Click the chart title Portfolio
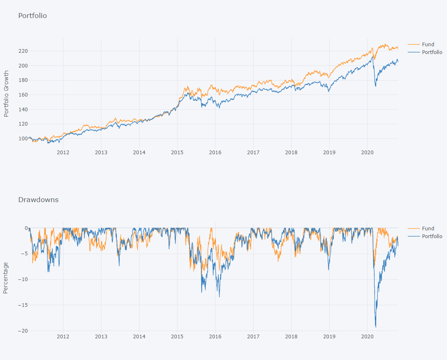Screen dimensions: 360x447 pos(32,16)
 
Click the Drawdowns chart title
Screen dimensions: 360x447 pos(38,200)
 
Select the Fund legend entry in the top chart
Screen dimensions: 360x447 pos(428,45)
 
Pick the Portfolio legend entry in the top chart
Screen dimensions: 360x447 pos(432,52)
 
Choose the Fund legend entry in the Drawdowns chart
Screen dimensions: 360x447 pos(428,229)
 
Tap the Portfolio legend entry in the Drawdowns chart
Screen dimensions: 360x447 pos(432,236)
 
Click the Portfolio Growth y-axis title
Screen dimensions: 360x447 pos(6,94)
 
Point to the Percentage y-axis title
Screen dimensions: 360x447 pos(6,278)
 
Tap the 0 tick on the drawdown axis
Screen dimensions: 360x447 pos(25,228)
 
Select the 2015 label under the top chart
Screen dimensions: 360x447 pos(177,153)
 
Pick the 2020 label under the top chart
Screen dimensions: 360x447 pos(367,153)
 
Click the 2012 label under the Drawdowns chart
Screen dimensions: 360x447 pos(63,337)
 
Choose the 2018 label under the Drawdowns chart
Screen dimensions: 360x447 pos(291,337)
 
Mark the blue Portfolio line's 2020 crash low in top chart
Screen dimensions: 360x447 pos(375,86)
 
